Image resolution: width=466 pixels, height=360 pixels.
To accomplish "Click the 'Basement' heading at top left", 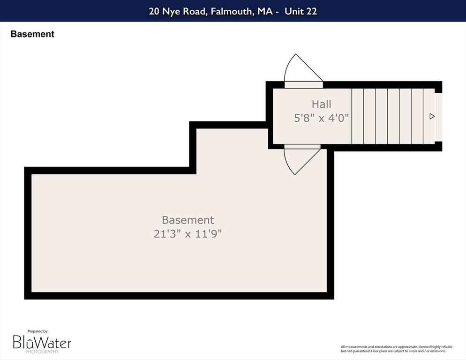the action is pos(32,34).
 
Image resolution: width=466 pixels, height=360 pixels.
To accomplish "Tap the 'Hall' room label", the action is pos(321,105).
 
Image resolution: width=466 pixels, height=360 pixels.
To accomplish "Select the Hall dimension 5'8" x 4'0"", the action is pos(321,118).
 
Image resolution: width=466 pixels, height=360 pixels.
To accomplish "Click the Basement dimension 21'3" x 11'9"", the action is pos(188,233).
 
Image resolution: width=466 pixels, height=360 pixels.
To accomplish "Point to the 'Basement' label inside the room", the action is pos(188,220).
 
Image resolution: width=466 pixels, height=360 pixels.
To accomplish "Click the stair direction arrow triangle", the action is pos(432,116).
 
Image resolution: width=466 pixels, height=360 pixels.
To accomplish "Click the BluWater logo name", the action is pos(42,343).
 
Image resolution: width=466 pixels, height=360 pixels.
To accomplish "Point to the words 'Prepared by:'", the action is pos(38,331).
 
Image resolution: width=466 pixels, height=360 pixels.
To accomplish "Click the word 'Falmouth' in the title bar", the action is pos(232,11).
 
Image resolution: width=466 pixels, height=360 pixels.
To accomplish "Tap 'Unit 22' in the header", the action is pos(301,11).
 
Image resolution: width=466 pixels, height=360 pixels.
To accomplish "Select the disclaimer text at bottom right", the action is pos(397,349).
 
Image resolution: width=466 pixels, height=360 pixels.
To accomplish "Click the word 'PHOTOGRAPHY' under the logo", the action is pos(42,352).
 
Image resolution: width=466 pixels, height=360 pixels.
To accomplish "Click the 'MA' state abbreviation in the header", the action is pos(265,11).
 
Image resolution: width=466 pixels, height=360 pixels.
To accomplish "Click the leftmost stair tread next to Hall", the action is pos(358,116).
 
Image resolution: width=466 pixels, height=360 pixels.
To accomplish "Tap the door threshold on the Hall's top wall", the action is pos(304,85).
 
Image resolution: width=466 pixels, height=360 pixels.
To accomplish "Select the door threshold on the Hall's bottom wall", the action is pos(302,147).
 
